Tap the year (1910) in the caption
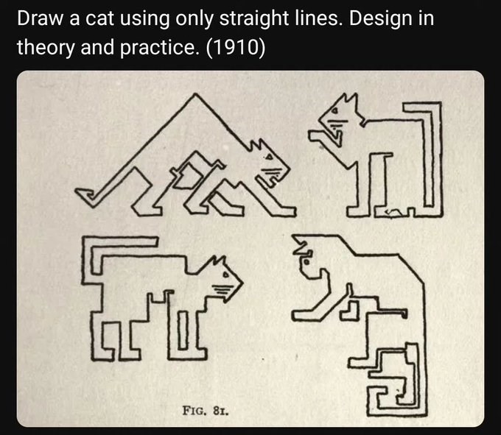coord(237,48)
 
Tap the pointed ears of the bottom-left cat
coord(217,261)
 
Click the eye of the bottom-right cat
coord(304,259)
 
